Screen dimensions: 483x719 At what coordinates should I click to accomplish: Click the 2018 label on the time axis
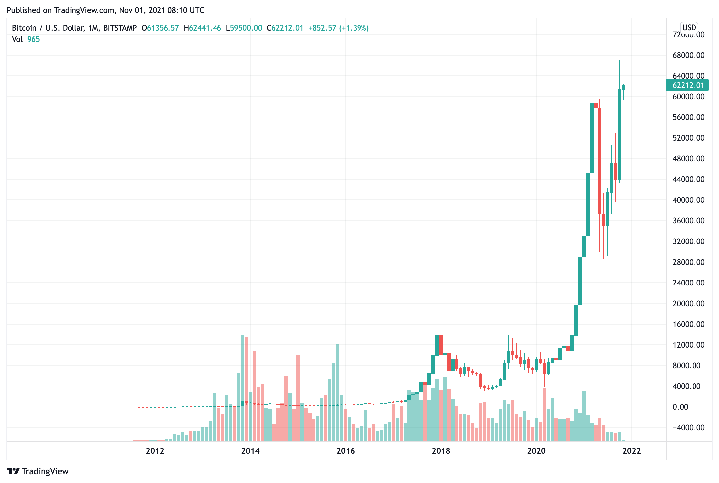[441, 451]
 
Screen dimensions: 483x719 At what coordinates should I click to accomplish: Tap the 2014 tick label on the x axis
[250, 451]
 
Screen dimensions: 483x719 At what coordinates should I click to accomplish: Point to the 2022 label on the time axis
[631, 451]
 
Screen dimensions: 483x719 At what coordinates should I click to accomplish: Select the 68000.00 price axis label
[688, 55]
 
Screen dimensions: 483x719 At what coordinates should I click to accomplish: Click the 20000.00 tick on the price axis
[688, 303]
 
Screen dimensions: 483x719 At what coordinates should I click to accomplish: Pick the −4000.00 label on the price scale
[688, 427]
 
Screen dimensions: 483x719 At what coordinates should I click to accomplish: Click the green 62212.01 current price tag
[688, 85]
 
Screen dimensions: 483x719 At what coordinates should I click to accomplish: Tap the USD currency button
[689, 28]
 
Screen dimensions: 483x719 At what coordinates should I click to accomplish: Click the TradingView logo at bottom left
[37, 471]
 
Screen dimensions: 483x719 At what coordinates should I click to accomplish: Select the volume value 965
[33, 39]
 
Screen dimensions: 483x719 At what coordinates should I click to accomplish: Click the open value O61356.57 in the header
[160, 28]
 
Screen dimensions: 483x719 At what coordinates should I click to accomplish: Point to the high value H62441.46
[202, 28]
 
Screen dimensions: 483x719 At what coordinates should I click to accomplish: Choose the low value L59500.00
[244, 28]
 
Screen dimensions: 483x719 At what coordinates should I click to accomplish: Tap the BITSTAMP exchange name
[120, 28]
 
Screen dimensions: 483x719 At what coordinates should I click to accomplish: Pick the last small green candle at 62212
[624, 87]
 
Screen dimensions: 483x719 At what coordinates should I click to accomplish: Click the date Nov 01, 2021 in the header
[142, 10]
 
